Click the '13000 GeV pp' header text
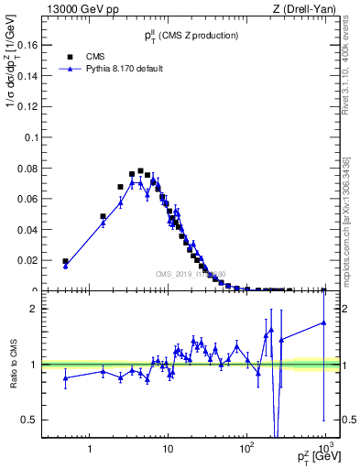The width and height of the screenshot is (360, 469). tap(76, 9)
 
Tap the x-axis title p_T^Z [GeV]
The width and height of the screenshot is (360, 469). tap(316, 456)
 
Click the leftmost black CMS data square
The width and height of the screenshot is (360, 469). tap(65, 261)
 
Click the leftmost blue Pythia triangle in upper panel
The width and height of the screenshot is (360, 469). tap(65, 267)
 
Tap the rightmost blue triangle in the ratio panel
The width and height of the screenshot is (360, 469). tap(324, 322)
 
